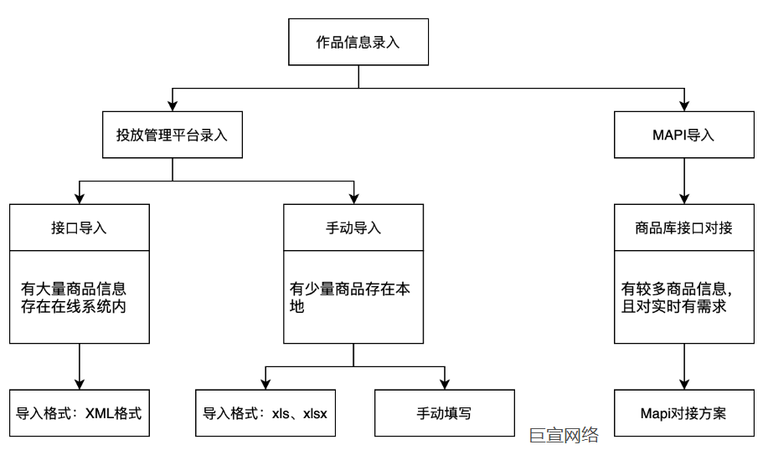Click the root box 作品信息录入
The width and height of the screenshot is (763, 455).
[x=358, y=43]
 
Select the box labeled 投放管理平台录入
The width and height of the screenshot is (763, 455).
[x=173, y=135]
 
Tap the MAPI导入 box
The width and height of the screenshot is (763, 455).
[x=685, y=135]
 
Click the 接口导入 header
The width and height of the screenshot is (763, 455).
[x=80, y=227]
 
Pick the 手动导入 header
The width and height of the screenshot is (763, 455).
[x=353, y=227]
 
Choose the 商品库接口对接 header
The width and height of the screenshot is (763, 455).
[x=685, y=227]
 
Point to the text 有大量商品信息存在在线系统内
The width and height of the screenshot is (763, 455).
[x=75, y=298]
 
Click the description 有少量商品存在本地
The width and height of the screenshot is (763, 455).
[x=350, y=298]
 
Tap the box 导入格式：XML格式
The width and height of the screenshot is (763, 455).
[x=80, y=413]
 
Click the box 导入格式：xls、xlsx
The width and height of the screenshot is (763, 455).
[x=266, y=413]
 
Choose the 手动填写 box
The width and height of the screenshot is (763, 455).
[x=445, y=413]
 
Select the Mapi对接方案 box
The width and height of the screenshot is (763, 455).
[x=685, y=413]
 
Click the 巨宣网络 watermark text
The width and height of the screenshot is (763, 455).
[x=564, y=435]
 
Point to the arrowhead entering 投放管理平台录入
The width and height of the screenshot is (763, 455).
[x=173, y=105]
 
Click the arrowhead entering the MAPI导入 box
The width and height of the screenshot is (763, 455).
[x=685, y=105]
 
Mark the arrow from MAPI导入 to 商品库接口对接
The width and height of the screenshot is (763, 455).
[x=685, y=181]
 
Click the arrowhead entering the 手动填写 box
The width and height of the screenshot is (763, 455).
[x=445, y=383]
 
